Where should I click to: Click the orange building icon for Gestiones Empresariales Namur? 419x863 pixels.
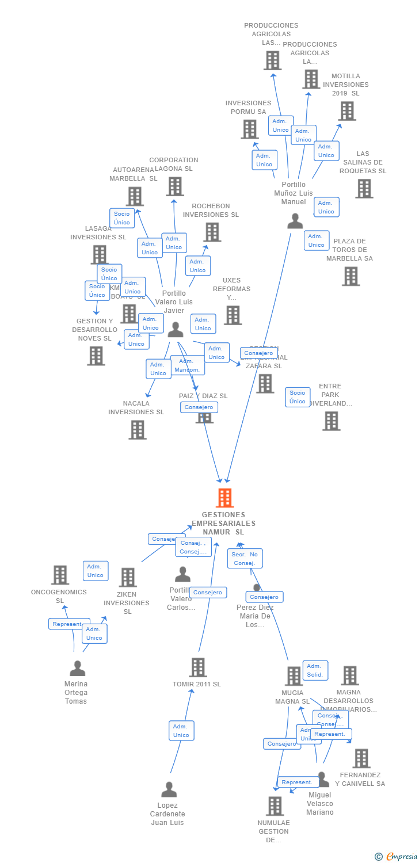(x=224, y=498)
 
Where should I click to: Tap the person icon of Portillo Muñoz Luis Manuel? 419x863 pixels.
(x=295, y=221)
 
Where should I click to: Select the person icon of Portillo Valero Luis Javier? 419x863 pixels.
(x=176, y=329)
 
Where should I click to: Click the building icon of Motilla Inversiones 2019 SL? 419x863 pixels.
(x=347, y=111)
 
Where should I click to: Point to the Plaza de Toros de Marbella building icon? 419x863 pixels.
(x=351, y=276)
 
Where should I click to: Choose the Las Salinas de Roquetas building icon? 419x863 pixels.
(x=364, y=189)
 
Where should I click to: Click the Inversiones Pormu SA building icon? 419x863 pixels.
(x=250, y=129)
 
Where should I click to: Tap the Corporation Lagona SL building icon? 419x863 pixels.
(x=175, y=186)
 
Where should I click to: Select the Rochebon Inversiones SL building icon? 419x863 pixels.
(x=212, y=232)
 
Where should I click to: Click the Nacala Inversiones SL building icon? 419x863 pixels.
(x=138, y=430)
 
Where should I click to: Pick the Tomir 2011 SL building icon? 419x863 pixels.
(x=198, y=667)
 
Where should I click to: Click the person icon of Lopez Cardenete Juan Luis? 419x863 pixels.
(x=169, y=789)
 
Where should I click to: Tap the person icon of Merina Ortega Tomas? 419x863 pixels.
(x=77, y=668)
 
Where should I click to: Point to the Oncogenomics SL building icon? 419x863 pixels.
(x=60, y=575)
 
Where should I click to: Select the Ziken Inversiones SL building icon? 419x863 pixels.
(x=128, y=577)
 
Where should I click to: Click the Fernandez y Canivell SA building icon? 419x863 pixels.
(x=361, y=758)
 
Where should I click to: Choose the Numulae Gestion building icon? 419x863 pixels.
(x=275, y=806)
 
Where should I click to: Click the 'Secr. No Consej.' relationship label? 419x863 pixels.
(x=245, y=558)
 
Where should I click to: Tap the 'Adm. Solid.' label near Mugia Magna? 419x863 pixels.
(x=315, y=670)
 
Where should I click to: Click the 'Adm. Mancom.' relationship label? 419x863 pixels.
(x=188, y=365)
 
